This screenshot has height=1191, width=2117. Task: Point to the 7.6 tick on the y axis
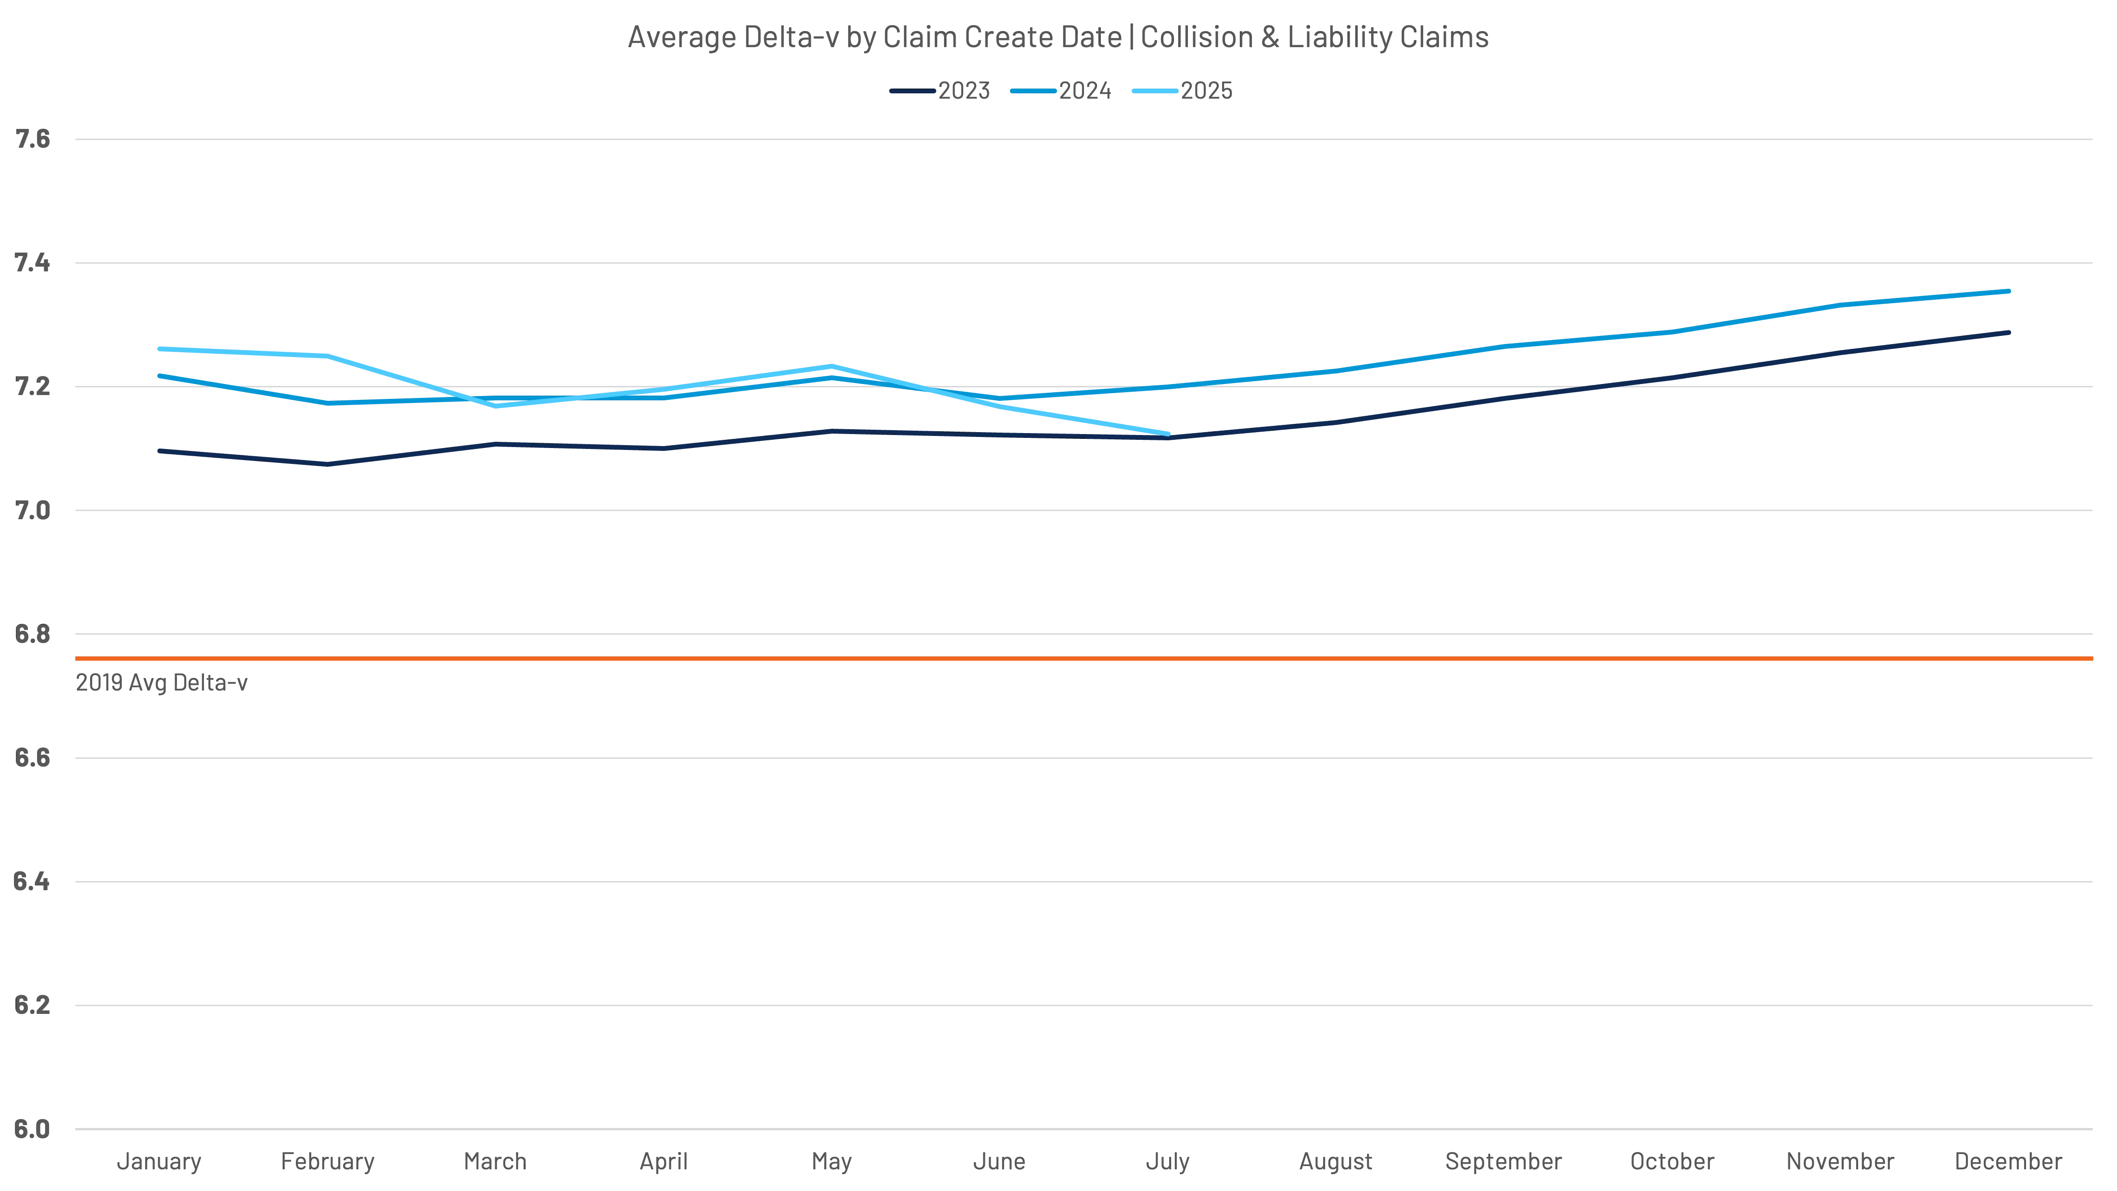pyautogui.click(x=32, y=141)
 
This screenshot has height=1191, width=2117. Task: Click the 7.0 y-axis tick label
pyautogui.click(x=32, y=511)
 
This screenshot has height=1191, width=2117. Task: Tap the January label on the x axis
pyautogui.click(x=159, y=1162)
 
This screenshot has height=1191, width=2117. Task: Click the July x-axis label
pyautogui.click(x=1167, y=1162)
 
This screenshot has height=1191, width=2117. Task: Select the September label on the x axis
pyautogui.click(x=1502, y=1162)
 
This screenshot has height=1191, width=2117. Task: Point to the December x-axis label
pyautogui.click(x=2007, y=1162)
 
